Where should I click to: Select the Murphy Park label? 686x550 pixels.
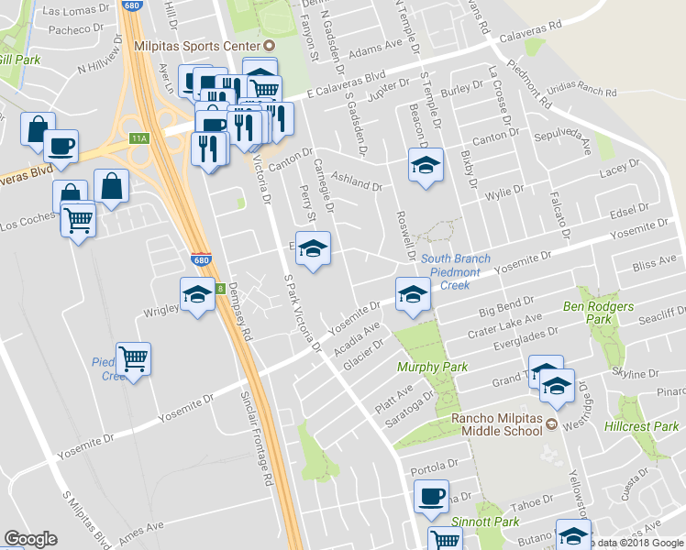[x=432, y=367]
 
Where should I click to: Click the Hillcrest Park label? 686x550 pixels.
[x=642, y=426]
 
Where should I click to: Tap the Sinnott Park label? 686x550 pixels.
[x=486, y=521]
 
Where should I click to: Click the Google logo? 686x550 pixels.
[x=31, y=538]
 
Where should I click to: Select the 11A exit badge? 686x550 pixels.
[x=138, y=137]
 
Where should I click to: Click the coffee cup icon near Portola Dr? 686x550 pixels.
[x=431, y=497]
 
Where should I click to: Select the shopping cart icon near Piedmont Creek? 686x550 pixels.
[x=134, y=359]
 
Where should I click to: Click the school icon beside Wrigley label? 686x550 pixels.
[x=197, y=296]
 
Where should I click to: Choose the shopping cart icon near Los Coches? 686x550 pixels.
[x=78, y=219]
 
